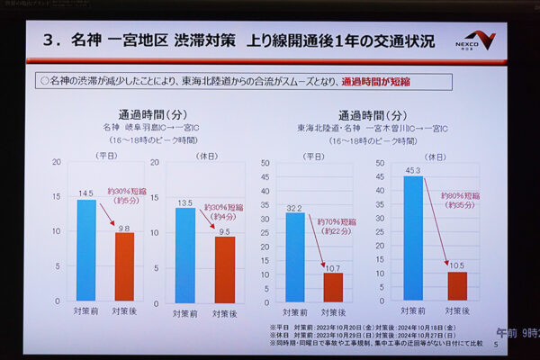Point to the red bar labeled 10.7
tap(333, 287)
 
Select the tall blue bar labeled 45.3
tap(413, 238)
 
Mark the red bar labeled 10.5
tap(457, 286)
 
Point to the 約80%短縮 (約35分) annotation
tap(458, 199)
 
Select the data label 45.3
tap(413, 170)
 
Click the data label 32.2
tap(294, 208)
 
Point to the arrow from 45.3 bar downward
tap(435, 221)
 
